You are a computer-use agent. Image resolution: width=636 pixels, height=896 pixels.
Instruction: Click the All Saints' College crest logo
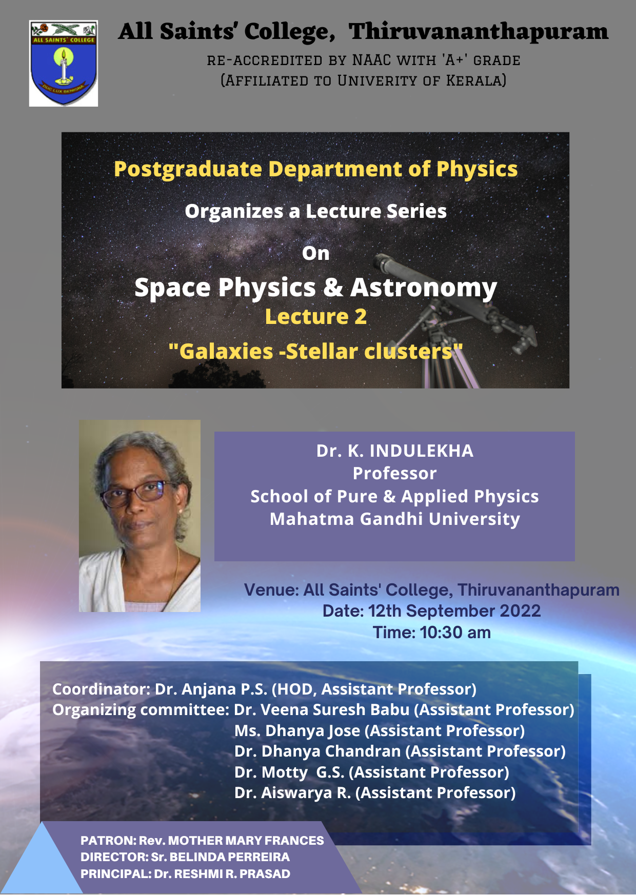(64, 64)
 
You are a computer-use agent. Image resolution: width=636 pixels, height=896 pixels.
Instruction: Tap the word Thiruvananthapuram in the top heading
(479, 32)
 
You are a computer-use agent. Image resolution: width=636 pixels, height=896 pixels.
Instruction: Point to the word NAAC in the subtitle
(371, 60)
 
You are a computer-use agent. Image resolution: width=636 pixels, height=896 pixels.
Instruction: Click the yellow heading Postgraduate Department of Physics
(315, 169)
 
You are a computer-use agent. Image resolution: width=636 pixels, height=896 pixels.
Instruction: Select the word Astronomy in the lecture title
(424, 288)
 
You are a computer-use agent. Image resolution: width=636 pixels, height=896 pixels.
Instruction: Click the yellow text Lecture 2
(316, 317)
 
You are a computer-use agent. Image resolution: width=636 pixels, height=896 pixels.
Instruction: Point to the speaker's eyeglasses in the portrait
(137, 492)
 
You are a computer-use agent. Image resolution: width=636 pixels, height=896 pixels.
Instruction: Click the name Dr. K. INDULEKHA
(395, 451)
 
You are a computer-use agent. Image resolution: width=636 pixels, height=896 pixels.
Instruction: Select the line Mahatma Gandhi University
(395, 519)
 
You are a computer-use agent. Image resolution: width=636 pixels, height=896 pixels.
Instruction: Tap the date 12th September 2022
(454, 611)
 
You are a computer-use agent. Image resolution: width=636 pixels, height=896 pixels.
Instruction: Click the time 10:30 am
(455, 633)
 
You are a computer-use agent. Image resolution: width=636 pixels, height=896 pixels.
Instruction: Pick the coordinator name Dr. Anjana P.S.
(211, 689)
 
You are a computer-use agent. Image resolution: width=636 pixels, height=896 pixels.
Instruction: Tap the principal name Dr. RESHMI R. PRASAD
(222, 874)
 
